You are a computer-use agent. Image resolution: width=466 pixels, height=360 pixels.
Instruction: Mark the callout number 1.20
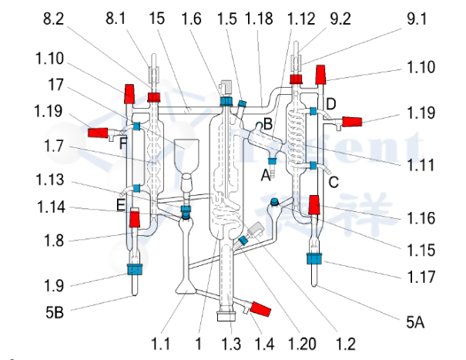coord(296,340)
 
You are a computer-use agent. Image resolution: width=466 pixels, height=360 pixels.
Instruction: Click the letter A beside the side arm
coord(265,174)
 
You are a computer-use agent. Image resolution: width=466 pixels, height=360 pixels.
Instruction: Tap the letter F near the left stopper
coord(122,140)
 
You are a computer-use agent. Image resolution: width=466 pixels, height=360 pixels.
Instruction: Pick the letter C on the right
coord(334,182)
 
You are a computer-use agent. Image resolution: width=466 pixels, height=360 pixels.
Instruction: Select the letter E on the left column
coord(120,204)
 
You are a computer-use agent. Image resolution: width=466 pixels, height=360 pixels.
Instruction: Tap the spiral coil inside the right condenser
coord(297,131)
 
